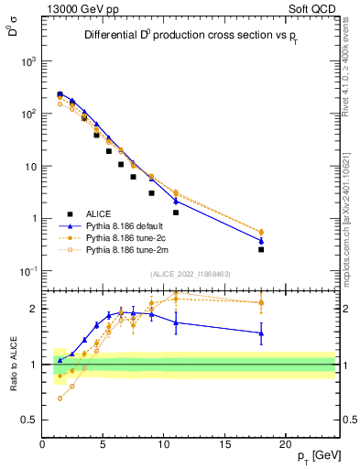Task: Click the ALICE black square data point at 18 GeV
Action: coord(261,249)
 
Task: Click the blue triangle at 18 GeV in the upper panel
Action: coord(261,241)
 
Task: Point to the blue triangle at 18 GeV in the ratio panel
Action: coord(261,333)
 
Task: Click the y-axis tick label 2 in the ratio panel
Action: coord(35,309)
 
